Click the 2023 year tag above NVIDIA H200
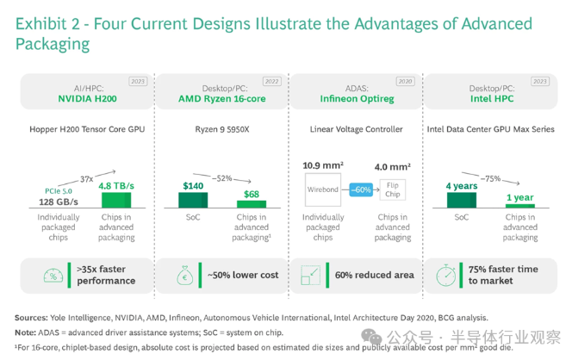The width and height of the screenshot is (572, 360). point(138,82)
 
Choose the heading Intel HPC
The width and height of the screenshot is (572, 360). point(492,98)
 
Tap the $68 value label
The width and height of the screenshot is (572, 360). point(251,194)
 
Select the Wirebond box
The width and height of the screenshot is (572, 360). point(322,189)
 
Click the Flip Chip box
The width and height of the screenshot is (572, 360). point(391,189)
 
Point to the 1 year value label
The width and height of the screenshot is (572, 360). point(520,196)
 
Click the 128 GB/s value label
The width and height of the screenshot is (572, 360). point(58,202)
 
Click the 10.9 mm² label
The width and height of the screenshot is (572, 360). point(322,164)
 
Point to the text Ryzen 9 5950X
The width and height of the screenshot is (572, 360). point(222,130)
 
